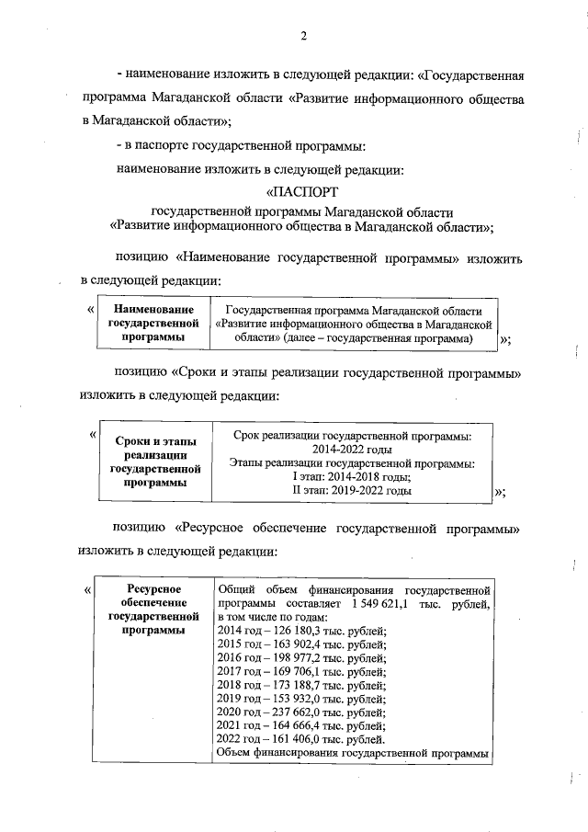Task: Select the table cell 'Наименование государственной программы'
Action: pyautogui.click(x=153, y=324)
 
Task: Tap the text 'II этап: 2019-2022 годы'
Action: pyautogui.click(x=352, y=491)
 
